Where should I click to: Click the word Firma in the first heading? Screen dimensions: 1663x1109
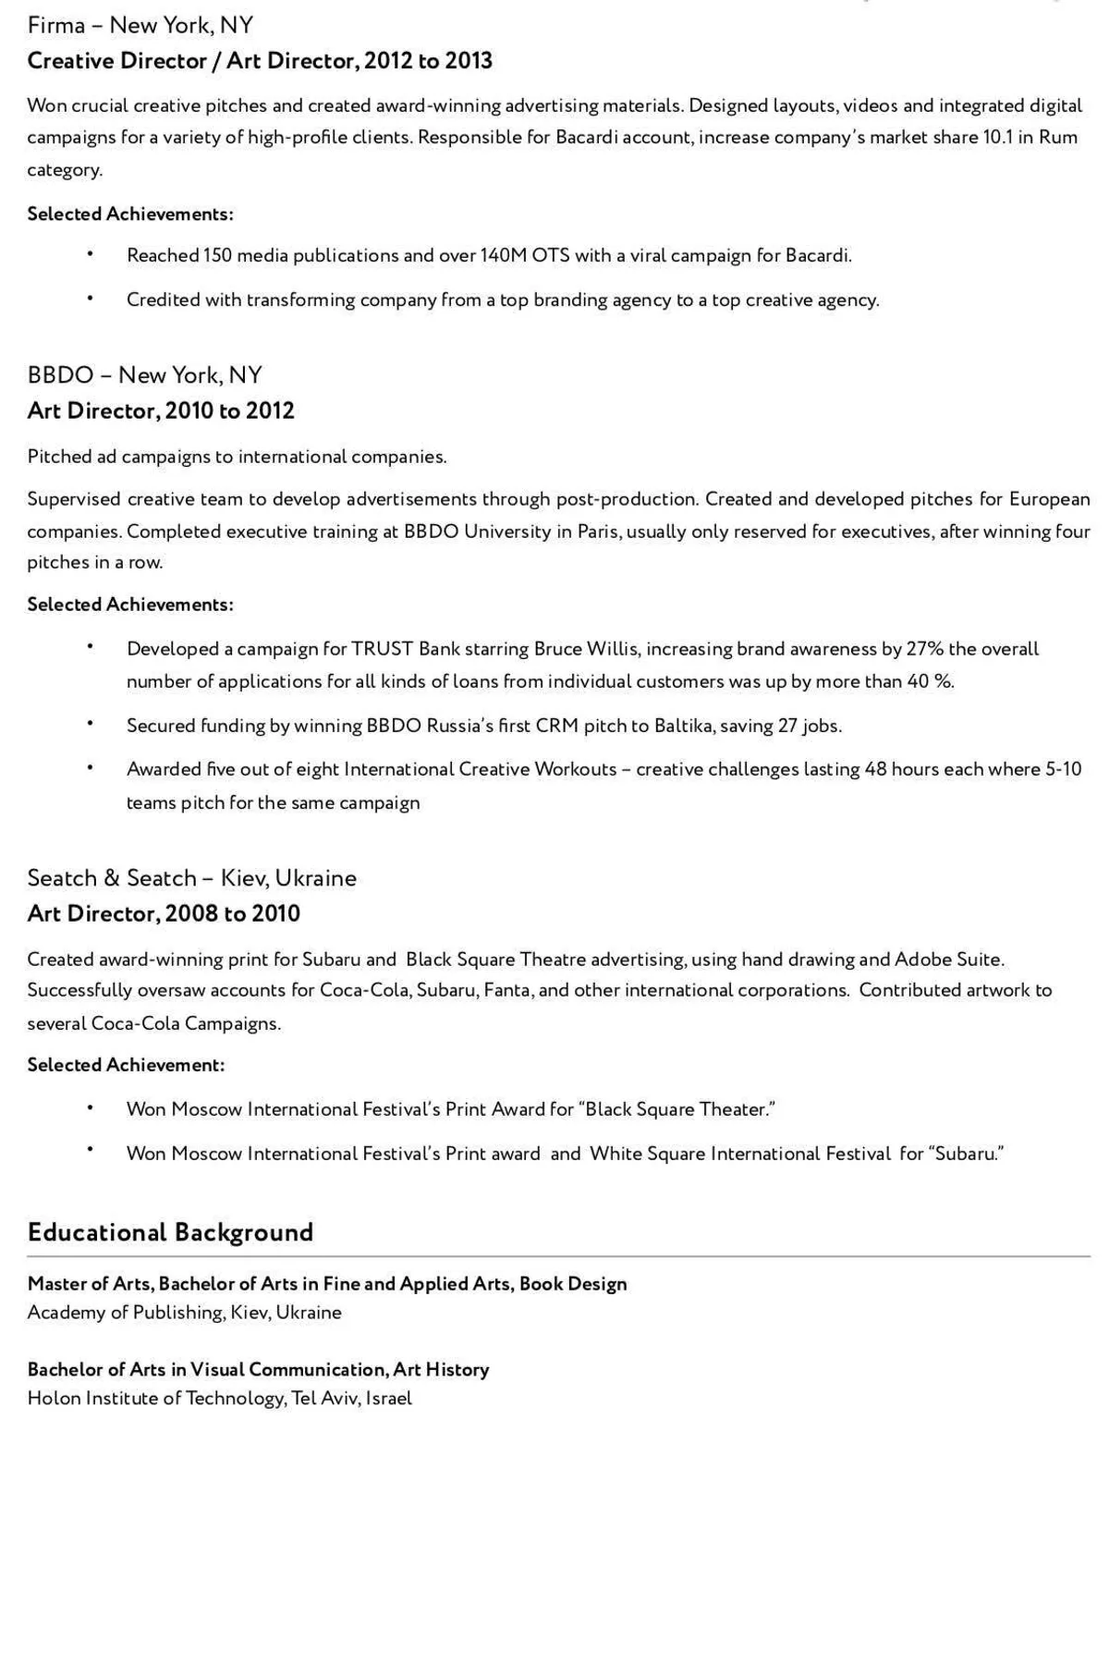pos(56,26)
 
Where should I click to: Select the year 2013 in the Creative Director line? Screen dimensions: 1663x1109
pos(469,61)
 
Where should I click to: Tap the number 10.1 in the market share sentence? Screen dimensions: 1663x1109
pos(998,138)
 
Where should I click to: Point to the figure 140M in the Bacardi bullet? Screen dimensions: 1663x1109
pos(503,256)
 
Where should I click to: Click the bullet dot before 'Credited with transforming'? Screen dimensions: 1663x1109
pos(91,298)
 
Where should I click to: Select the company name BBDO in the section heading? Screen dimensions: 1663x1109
pos(61,375)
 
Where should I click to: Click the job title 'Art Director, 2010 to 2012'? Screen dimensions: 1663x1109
pos(161,411)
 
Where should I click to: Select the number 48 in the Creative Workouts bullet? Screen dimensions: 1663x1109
pos(875,769)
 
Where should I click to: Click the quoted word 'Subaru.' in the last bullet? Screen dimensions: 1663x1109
pos(967,1154)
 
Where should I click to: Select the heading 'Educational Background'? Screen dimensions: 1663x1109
pos(170,1232)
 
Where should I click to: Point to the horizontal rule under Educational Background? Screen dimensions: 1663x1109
pos(558,1257)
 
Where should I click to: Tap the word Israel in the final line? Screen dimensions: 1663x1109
pos(389,1399)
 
